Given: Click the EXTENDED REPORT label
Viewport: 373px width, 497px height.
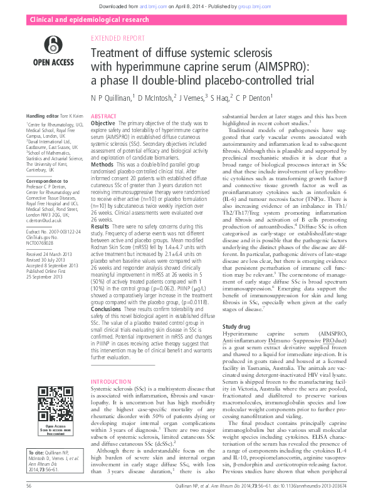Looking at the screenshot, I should [117, 38].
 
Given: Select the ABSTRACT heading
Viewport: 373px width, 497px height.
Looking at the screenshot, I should [103, 117].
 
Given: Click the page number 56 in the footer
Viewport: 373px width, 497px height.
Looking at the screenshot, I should [29, 485].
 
